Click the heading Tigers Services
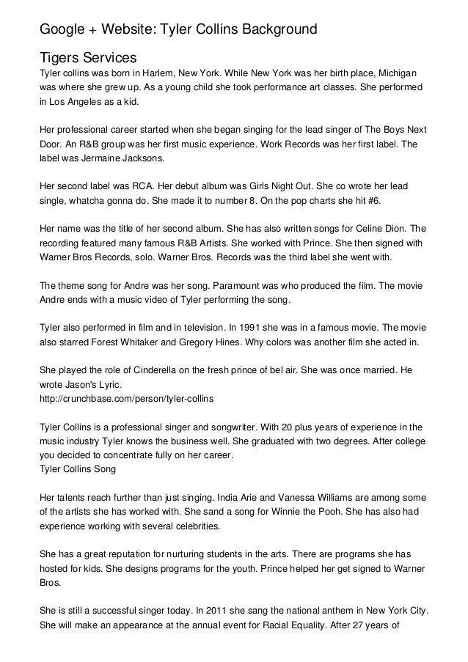(x=88, y=57)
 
